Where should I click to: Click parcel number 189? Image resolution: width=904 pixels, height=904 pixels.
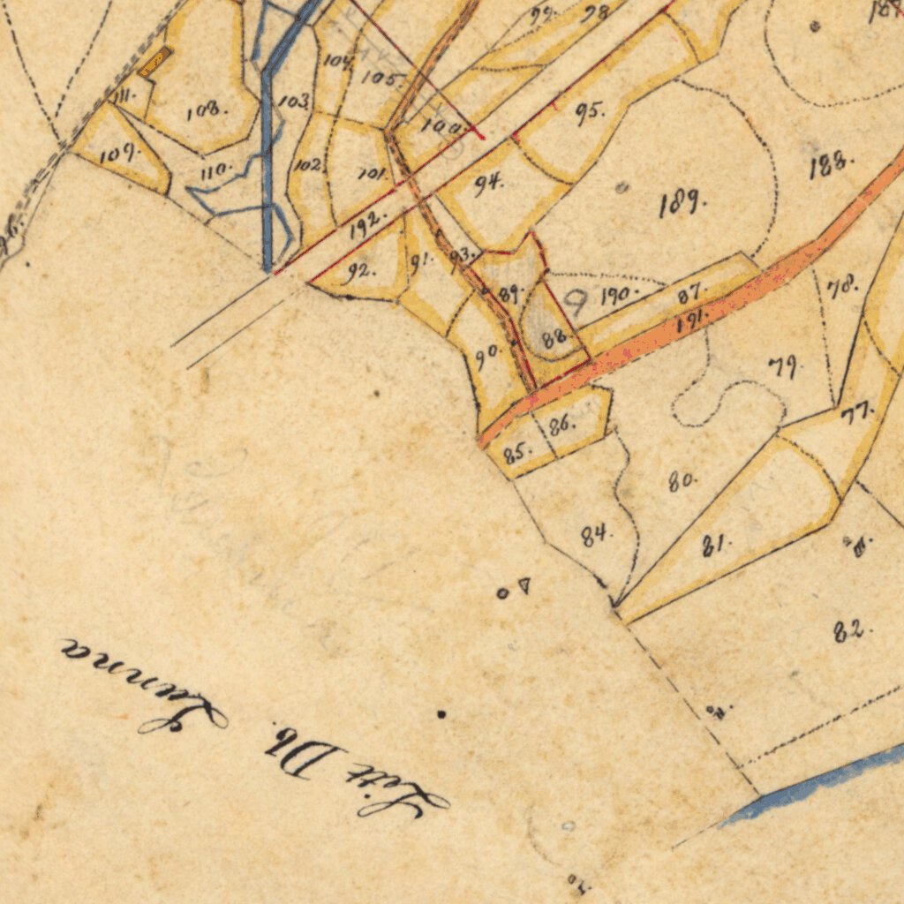pos(682,204)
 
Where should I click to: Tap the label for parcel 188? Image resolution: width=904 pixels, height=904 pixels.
pos(831,165)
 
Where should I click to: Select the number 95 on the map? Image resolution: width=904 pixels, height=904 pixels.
pos(589,112)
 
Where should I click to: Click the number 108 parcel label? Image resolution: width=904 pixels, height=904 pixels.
pos(207,110)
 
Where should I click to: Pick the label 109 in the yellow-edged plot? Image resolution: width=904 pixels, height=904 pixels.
pos(119,154)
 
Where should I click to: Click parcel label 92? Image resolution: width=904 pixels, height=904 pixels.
pos(360,271)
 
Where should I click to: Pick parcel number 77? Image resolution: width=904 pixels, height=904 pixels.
pos(856,412)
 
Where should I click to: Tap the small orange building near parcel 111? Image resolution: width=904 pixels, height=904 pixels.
pos(154,61)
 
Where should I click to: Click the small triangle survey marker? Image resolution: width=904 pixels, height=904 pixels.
pos(524,584)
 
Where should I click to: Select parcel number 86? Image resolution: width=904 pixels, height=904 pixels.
pos(561,425)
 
